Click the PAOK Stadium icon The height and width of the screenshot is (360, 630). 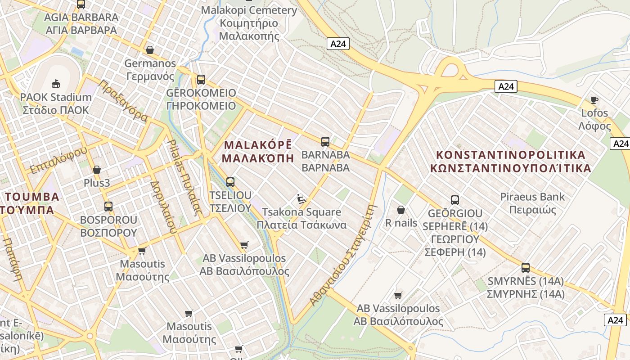(x=56, y=84)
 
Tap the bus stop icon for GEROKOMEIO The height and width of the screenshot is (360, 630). (x=201, y=80)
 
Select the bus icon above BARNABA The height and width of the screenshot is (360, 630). (x=325, y=142)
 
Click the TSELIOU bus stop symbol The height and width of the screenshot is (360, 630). (x=230, y=182)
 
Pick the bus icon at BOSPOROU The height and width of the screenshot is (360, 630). (x=108, y=207)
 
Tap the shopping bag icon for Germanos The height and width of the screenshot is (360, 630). (x=149, y=50)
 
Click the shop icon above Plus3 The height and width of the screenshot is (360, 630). (x=96, y=170)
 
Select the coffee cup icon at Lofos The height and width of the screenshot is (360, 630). (x=594, y=100)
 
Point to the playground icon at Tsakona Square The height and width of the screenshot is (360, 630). (x=301, y=198)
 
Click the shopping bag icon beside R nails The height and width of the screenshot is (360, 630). (x=400, y=210)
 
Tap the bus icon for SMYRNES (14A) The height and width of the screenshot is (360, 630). (x=525, y=268)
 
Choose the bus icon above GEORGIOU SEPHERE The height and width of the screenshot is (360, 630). (x=454, y=200)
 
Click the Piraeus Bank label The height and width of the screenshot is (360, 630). (x=532, y=203)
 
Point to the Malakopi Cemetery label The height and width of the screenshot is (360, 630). (x=249, y=23)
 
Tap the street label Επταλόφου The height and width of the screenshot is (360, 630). (x=58, y=160)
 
